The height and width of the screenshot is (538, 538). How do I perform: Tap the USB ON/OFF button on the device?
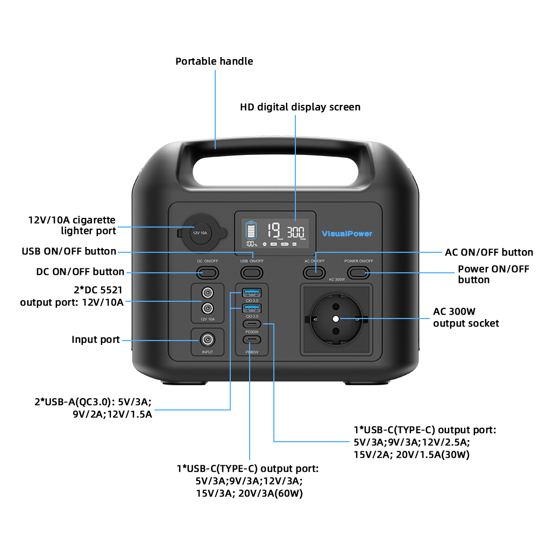coord(251,272)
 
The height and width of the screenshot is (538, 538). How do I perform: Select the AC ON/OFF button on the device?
coord(314,272)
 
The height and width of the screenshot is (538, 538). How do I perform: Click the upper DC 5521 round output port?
coord(207,294)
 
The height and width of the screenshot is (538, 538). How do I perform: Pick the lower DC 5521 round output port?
coord(207,309)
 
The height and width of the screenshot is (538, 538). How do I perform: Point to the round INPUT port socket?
coord(207,339)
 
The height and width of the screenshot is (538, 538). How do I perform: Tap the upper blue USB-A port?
coord(251,293)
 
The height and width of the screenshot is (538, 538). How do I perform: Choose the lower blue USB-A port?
coord(251,308)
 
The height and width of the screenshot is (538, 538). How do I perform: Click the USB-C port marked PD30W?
coord(251,324)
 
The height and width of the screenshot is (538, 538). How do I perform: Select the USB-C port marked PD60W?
coord(251,340)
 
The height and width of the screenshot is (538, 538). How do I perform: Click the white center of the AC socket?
coord(336,318)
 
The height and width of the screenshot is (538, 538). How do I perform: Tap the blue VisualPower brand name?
coord(346,233)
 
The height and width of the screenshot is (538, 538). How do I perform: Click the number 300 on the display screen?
coord(295,232)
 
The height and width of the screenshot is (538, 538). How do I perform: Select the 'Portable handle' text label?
coord(214,61)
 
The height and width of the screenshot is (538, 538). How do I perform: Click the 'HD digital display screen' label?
coord(300,107)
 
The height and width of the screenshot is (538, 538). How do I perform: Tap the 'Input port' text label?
coord(96,339)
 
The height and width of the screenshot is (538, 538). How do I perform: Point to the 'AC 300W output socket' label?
coord(466,317)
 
